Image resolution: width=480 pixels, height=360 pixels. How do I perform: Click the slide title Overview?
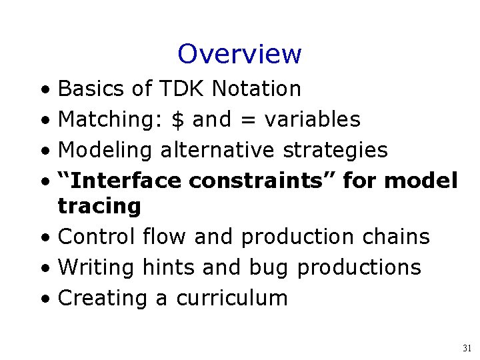coord(239,54)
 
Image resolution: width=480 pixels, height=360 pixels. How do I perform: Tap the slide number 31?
coord(467,348)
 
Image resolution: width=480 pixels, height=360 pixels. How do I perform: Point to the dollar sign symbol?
coord(178,119)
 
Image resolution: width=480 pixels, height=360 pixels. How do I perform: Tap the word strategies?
coord(335,151)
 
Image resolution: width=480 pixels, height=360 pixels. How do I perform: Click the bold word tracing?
coord(99,207)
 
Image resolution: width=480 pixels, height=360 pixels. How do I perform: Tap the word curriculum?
coord(231,298)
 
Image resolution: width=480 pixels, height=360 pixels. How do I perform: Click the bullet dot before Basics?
coord(43,89)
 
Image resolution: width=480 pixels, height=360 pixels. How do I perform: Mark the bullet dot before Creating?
coord(43,299)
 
